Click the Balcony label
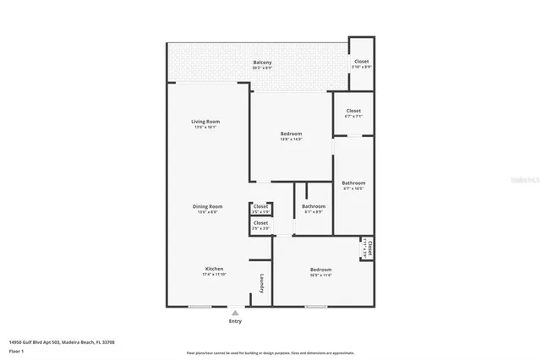click(x=262, y=63)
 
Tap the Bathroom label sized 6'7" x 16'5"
click(x=353, y=184)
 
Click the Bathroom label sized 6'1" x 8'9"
click(x=314, y=207)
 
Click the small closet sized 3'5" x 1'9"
click(x=260, y=208)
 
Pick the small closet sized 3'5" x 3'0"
click(x=260, y=225)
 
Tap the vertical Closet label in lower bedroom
click(x=369, y=249)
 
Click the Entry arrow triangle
click(x=235, y=313)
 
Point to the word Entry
click(x=235, y=321)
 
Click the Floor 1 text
click(x=16, y=350)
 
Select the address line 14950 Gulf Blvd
click(x=61, y=341)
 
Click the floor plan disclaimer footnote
click(x=270, y=352)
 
